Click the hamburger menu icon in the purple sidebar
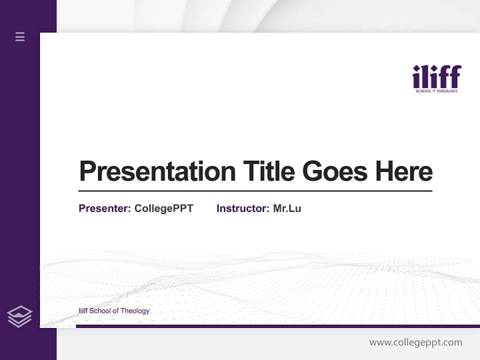click(x=20, y=36)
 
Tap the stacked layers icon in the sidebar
click(x=19, y=316)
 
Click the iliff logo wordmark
click(x=436, y=77)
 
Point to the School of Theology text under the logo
click(x=436, y=91)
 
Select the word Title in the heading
click(x=268, y=171)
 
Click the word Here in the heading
click(x=404, y=171)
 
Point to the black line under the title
click(x=255, y=191)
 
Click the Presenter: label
click(x=105, y=208)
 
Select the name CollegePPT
click(x=163, y=208)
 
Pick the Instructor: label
click(x=243, y=208)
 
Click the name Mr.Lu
click(x=287, y=208)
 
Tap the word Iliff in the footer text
click(x=83, y=311)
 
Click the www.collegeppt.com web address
click(x=415, y=342)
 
